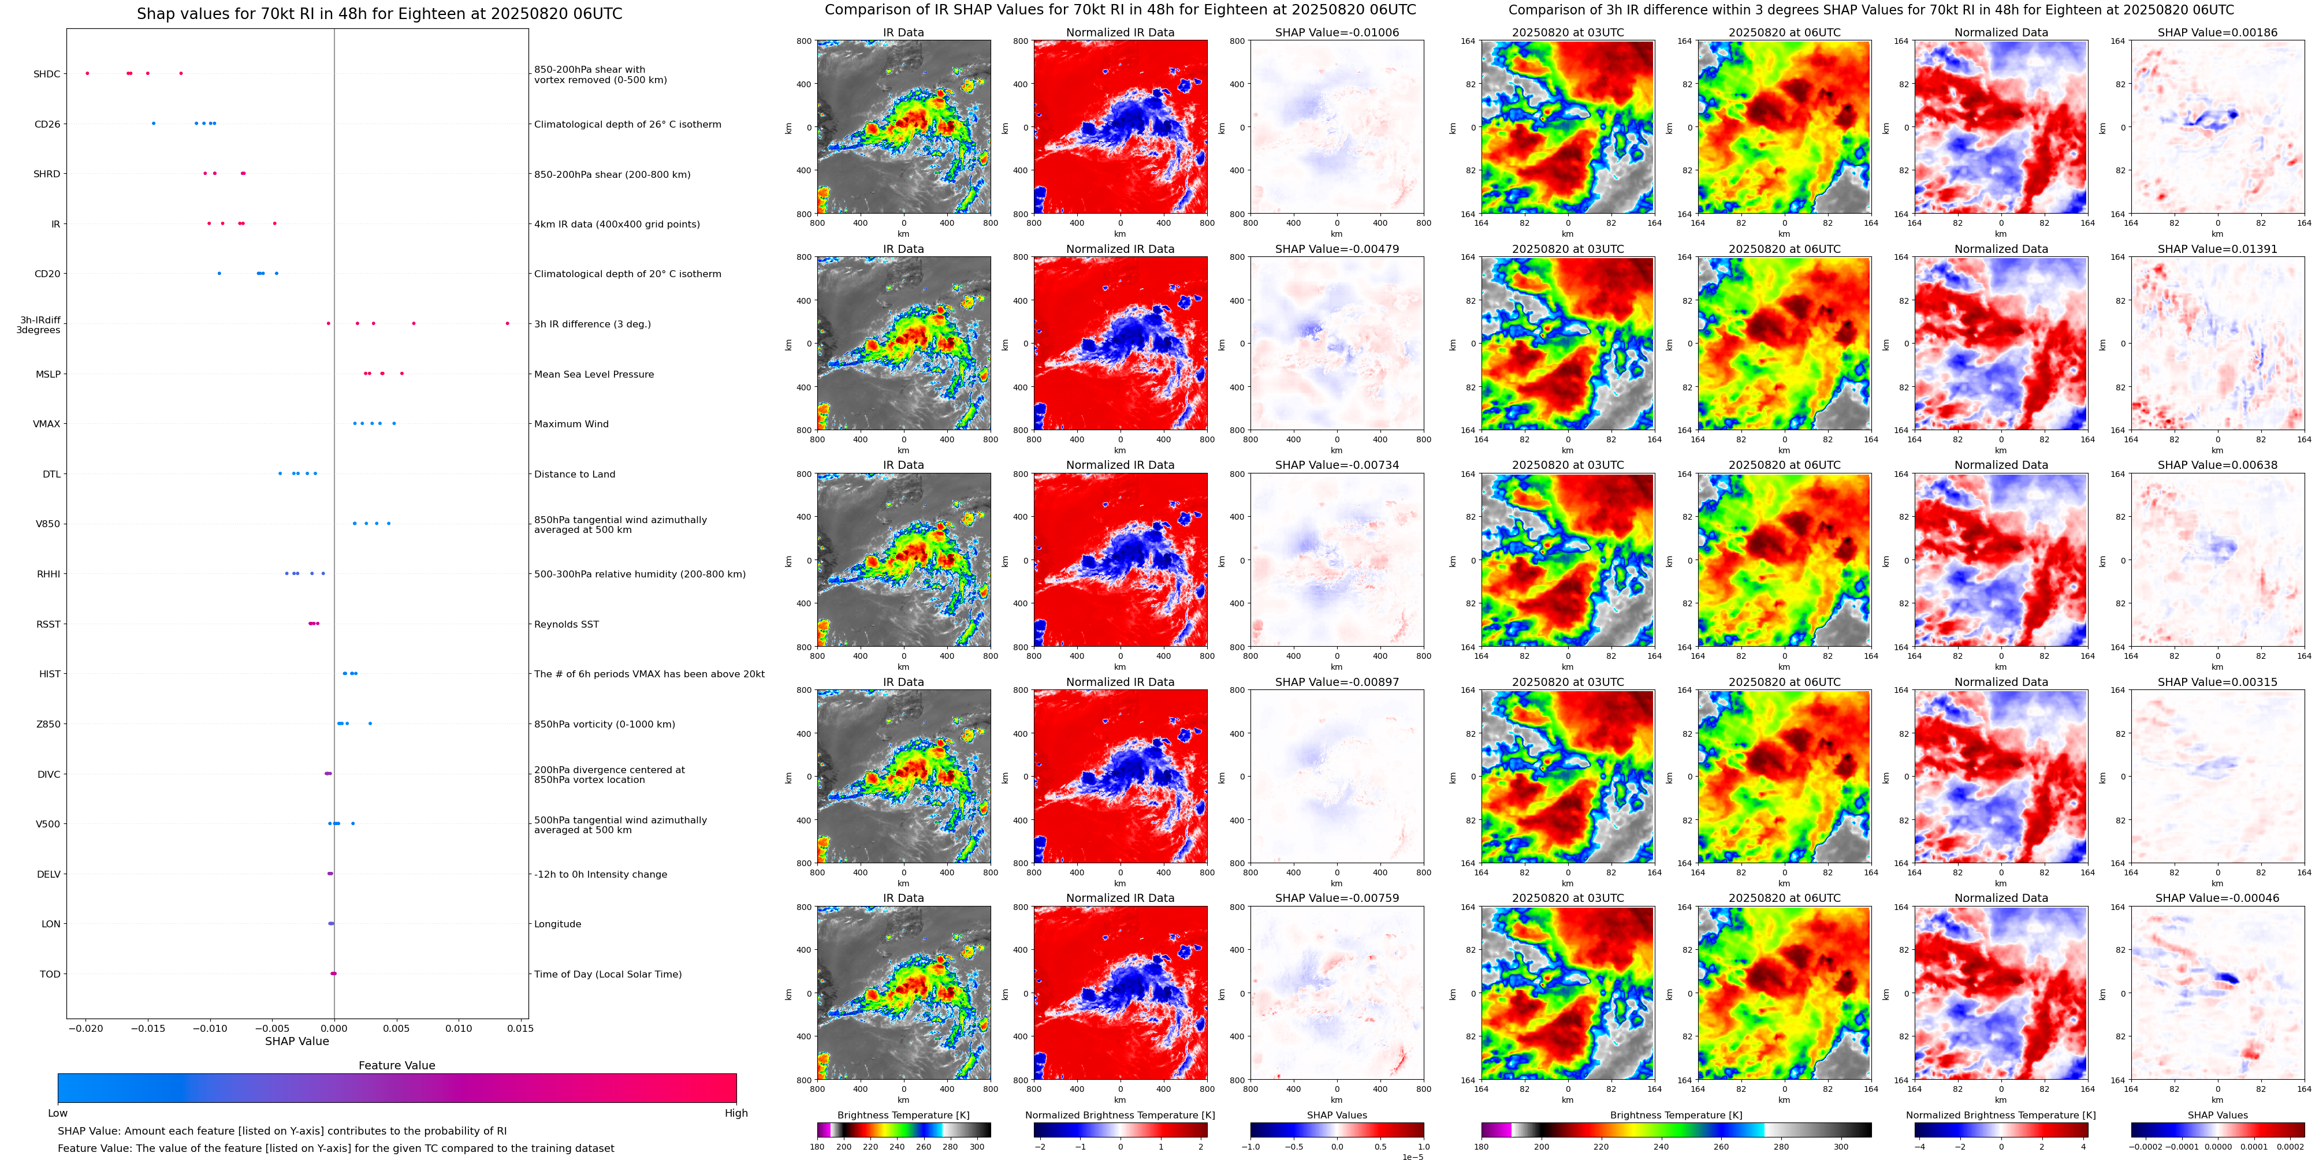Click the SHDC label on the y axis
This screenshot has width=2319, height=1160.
pos(47,74)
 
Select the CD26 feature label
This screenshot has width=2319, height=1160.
pos(47,124)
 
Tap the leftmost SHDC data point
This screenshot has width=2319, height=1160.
pos(87,73)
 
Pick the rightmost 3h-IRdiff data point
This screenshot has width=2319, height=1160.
pos(507,323)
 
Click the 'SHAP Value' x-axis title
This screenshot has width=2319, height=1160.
pos(297,1041)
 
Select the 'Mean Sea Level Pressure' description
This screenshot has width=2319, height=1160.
pos(594,374)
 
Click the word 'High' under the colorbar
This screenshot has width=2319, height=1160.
pos(736,1113)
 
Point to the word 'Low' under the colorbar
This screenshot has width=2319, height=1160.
pos(58,1113)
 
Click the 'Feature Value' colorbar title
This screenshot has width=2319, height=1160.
pos(397,1065)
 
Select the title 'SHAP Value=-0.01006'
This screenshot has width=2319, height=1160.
pos(1337,32)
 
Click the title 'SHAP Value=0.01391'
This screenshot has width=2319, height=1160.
pos(2217,249)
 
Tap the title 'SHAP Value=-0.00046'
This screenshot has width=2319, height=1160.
pos(2217,898)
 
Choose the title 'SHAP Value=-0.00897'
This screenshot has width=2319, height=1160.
pos(1337,682)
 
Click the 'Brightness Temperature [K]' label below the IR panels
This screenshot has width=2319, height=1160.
pos(903,1115)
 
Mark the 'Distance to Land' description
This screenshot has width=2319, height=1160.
pos(574,474)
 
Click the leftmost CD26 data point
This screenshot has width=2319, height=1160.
pos(153,124)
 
